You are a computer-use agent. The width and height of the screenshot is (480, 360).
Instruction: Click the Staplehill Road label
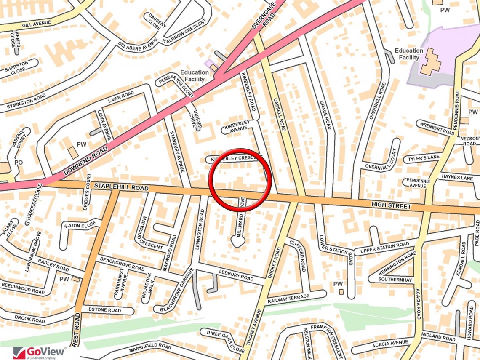(x=121, y=187)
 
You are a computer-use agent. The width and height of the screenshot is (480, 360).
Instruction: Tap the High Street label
(x=391, y=205)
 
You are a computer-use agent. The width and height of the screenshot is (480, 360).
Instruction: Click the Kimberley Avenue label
(x=237, y=126)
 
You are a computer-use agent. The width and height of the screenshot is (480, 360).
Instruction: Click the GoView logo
(x=40, y=352)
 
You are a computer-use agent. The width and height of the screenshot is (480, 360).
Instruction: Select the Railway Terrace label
(x=288, y=299)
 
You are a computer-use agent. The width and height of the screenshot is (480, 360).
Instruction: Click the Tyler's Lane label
(x=421, y=159)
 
